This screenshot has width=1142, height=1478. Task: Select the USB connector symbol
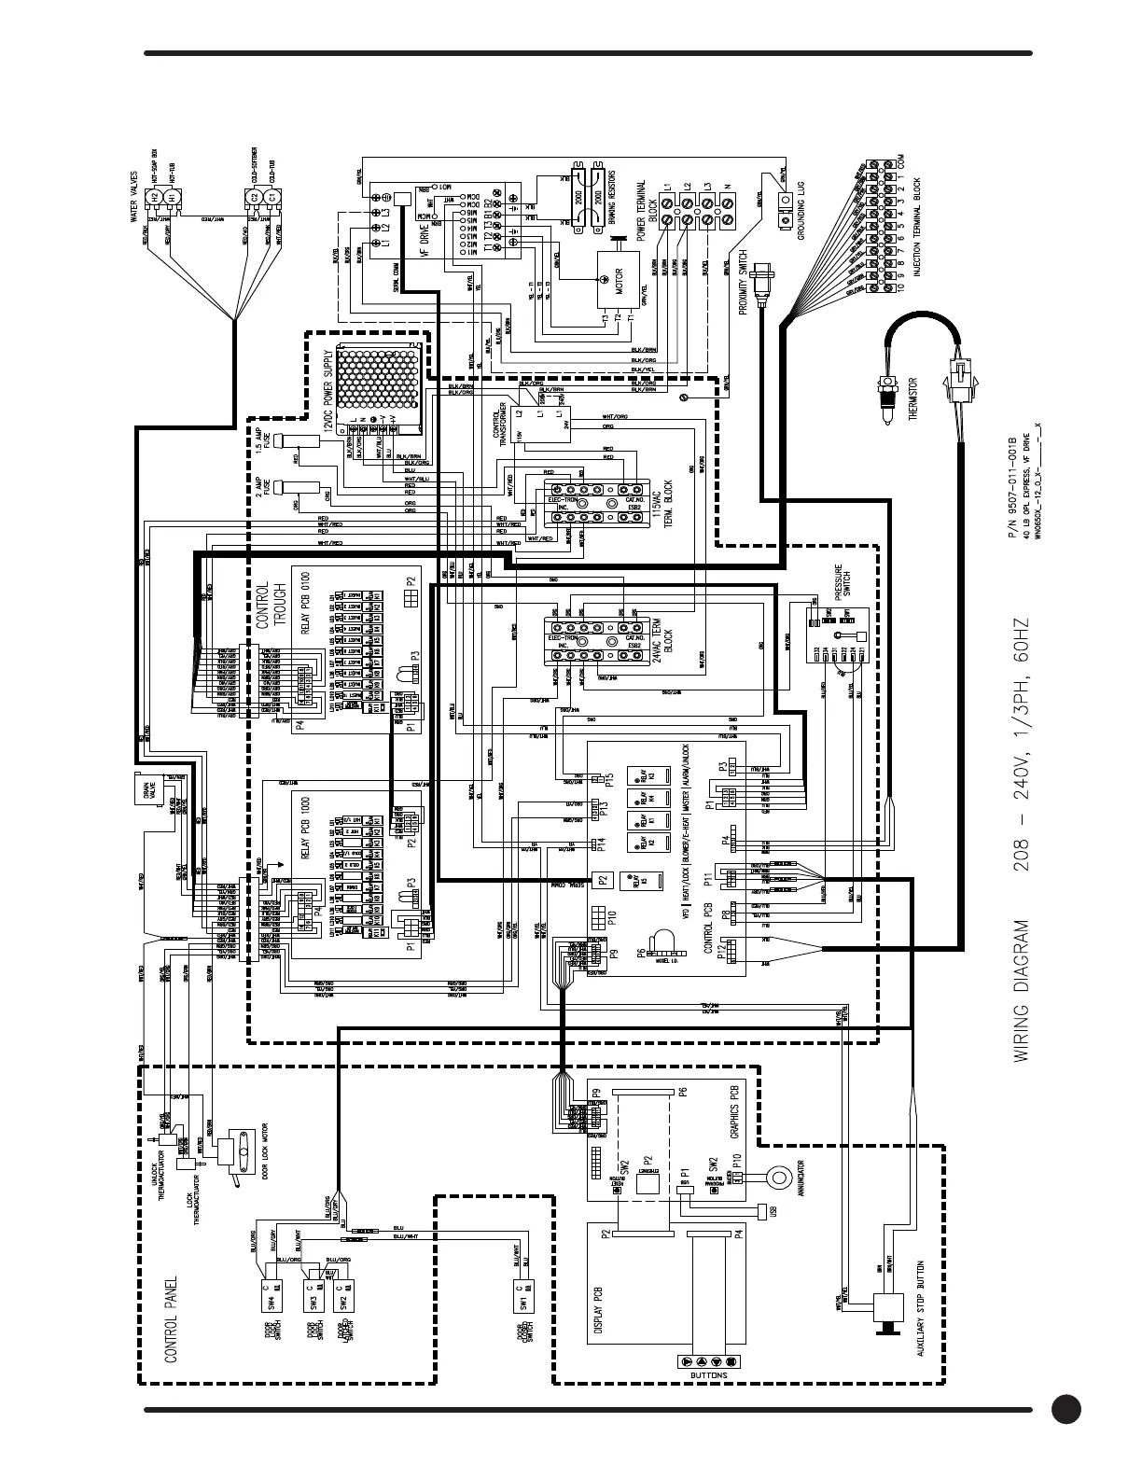(x=764, y=1211)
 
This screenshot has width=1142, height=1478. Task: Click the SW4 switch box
(x=272, y=1293)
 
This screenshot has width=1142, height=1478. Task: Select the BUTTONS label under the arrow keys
(x=710, y=1374)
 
